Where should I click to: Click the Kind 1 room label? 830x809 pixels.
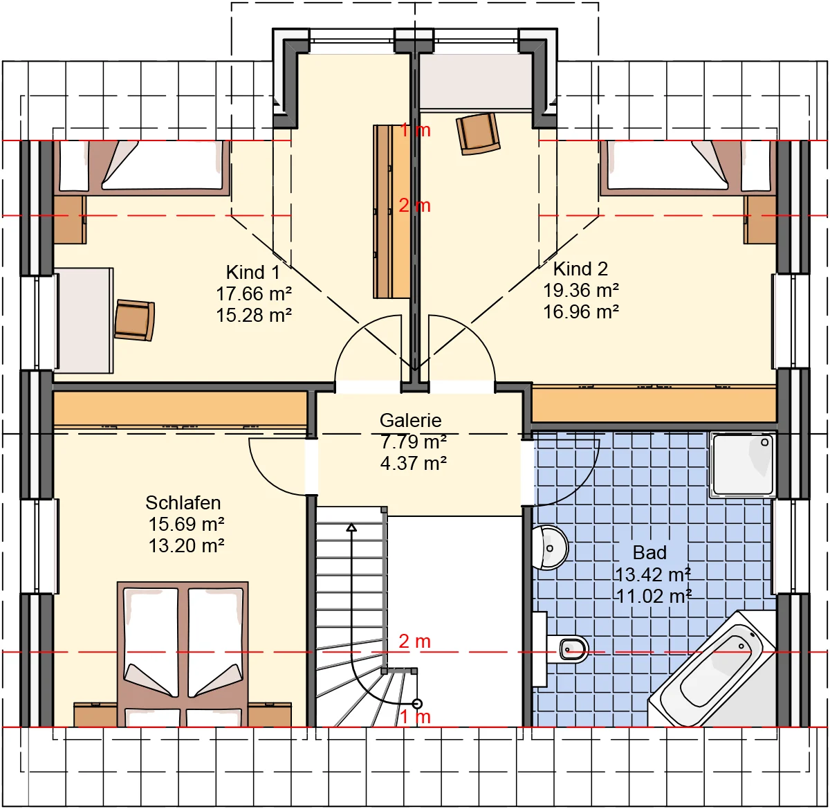coord(252,272)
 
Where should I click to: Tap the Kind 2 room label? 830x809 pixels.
coord(580,269)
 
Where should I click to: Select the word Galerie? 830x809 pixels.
coord(410,420)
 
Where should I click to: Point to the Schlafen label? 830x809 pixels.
coord(183,502)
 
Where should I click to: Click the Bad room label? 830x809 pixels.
coord(649,552)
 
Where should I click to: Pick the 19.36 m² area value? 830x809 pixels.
coord(580,291)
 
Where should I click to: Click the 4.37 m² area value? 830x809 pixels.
coord(414,464)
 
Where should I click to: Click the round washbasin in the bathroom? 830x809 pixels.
coord(550,548)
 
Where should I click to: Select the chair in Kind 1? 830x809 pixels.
coord(134,320)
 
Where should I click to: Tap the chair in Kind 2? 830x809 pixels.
coord(478,134)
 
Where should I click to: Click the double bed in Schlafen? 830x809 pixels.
coord(183,655)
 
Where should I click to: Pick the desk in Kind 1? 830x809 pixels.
coord(84,321)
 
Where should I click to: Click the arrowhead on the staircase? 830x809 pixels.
coord(351,528)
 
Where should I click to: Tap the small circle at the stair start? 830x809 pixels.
coord(417,704)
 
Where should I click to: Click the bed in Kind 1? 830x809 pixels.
coord(142,167)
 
